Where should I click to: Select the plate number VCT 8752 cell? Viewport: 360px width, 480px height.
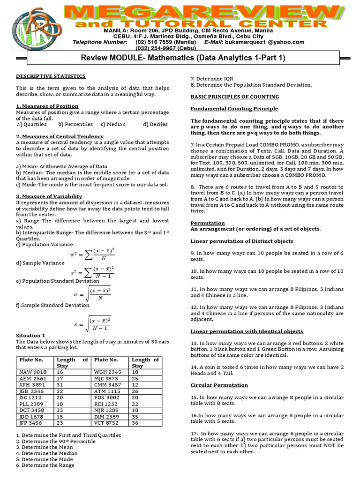106,422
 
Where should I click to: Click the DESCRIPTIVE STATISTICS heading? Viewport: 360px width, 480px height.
51,76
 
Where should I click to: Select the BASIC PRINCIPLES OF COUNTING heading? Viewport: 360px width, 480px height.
234,97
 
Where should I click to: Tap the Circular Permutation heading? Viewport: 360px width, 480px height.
212,385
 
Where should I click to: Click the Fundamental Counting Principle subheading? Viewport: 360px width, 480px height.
234,108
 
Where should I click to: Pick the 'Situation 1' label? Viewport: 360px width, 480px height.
30,336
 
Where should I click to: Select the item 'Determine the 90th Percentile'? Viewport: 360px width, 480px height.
59,441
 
